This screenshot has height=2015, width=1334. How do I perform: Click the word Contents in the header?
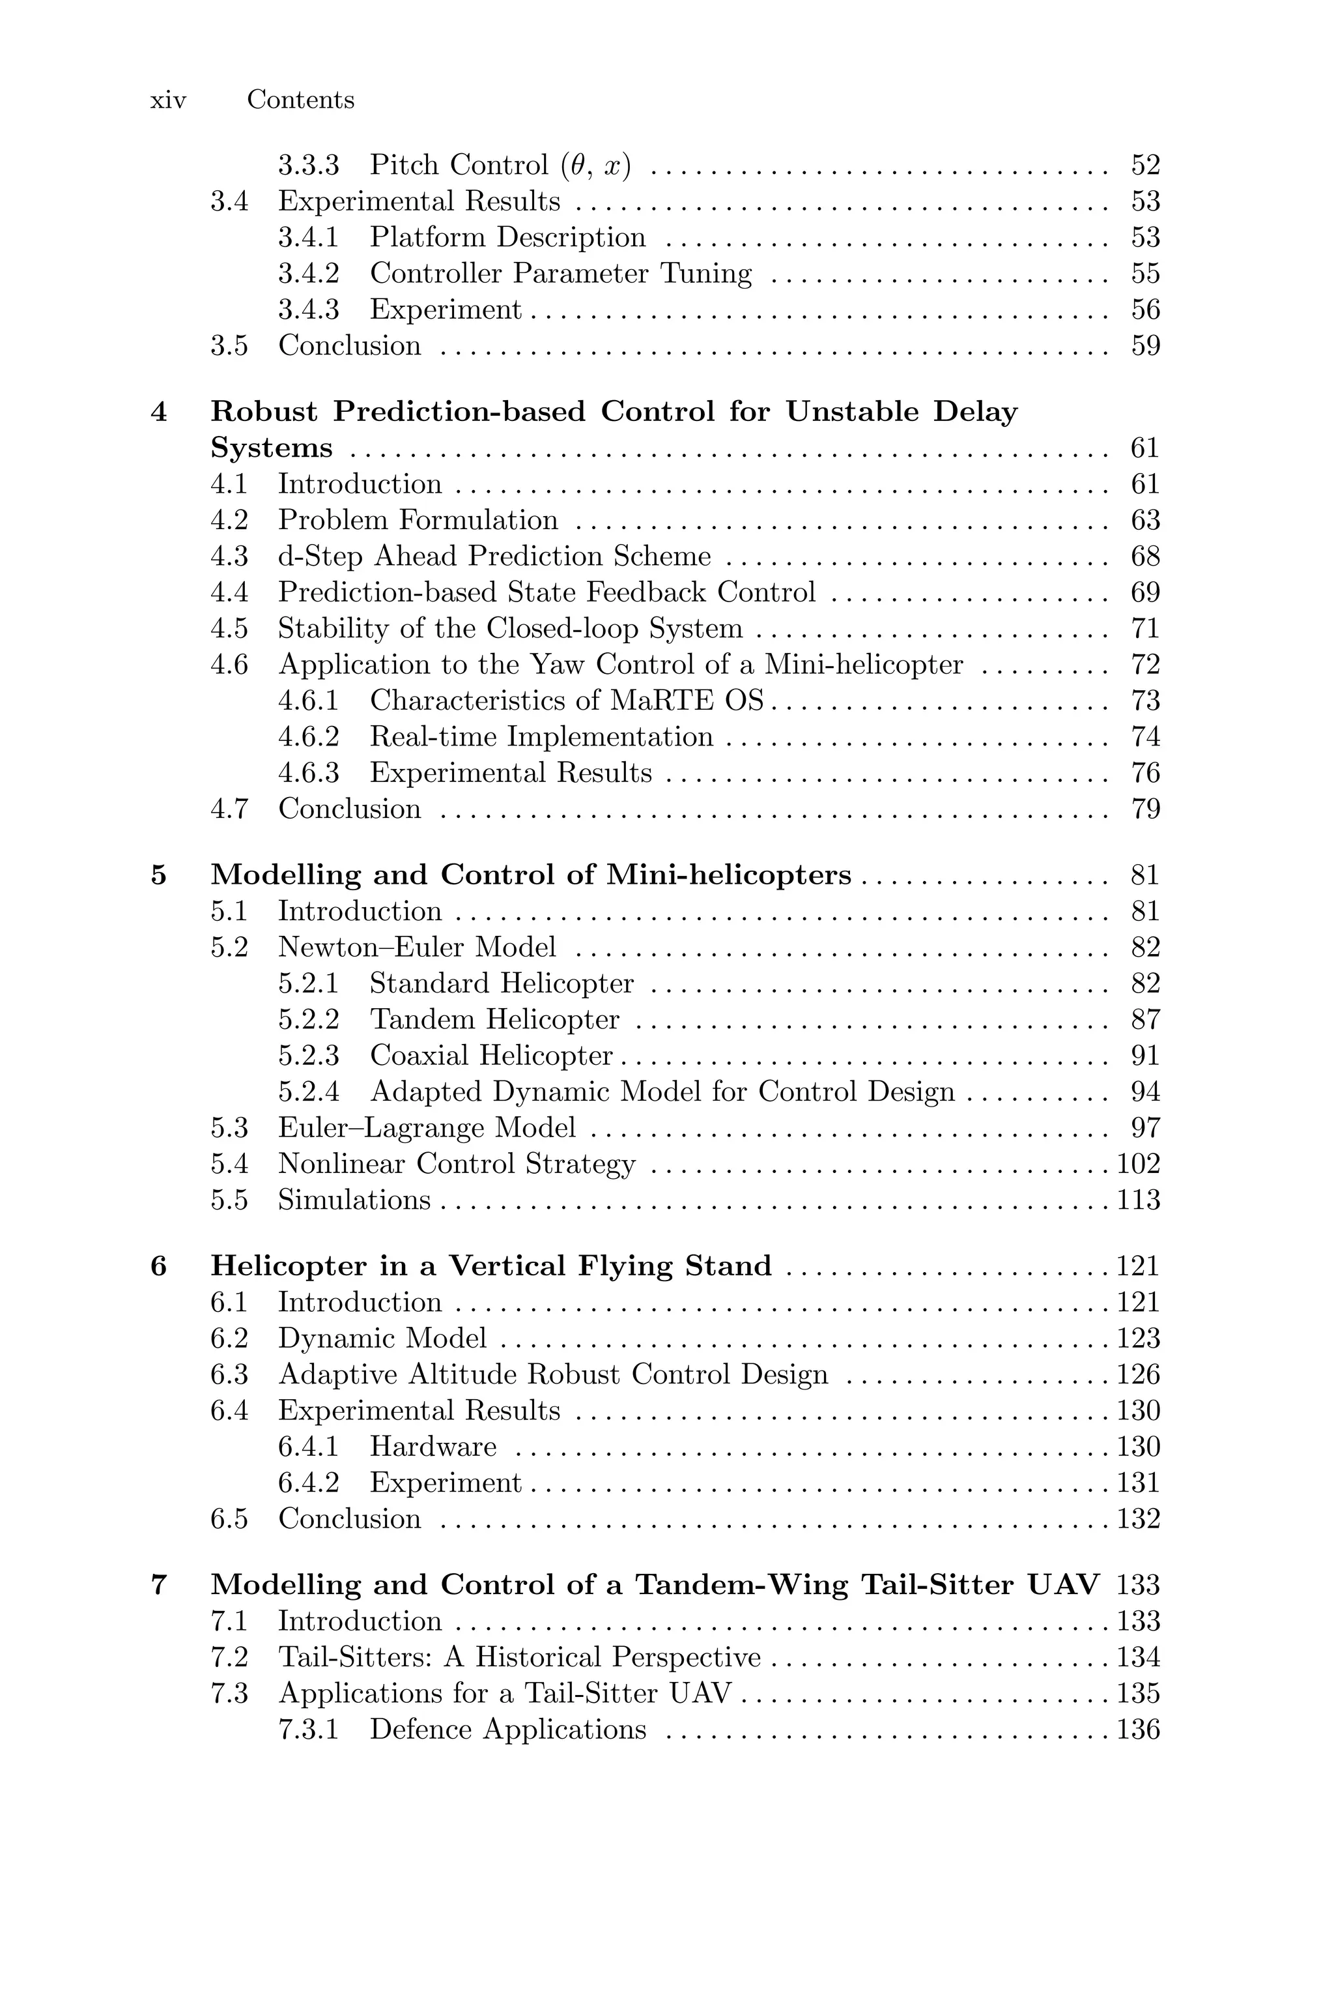click(300, 100)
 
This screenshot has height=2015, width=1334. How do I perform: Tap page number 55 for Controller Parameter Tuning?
click(1145, 274)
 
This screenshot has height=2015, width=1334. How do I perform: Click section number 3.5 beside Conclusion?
click(229, 346)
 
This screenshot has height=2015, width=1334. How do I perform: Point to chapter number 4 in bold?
click(159, 413)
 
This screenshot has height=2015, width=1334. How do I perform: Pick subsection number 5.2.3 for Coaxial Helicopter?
click(308, 1056)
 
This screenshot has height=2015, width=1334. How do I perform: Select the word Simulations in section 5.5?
click(354, 1200)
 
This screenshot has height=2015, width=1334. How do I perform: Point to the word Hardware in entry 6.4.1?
click(433, 1447)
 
